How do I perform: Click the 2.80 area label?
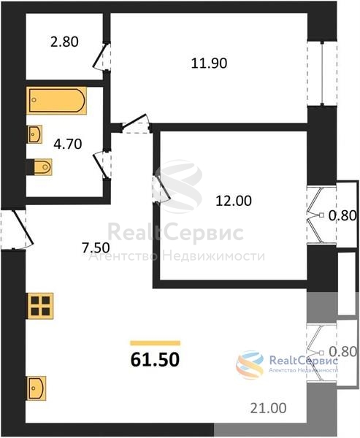pos(64,42)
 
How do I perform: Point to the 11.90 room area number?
pos(209,64)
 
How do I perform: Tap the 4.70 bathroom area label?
pos(68,144)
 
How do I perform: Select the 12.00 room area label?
pos(234,201)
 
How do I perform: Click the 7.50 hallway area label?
pos(96,247)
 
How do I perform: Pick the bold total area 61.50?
pos(155,359)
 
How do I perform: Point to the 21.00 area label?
pos(268,408)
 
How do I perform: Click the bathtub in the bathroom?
pos(56,100)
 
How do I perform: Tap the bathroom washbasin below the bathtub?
pos(34,134)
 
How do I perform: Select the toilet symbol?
pos(39,167)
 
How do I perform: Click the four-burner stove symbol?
pos(40,306)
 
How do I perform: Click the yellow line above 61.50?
pos(155,343)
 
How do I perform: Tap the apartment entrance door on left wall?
pos(18,229)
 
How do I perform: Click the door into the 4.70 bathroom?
pos(102,165)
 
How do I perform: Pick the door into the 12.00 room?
pos(161,188)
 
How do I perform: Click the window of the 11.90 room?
pos(322,74)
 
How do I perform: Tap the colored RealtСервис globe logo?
pos(250,364)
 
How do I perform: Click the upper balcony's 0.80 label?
pos(342,215)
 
